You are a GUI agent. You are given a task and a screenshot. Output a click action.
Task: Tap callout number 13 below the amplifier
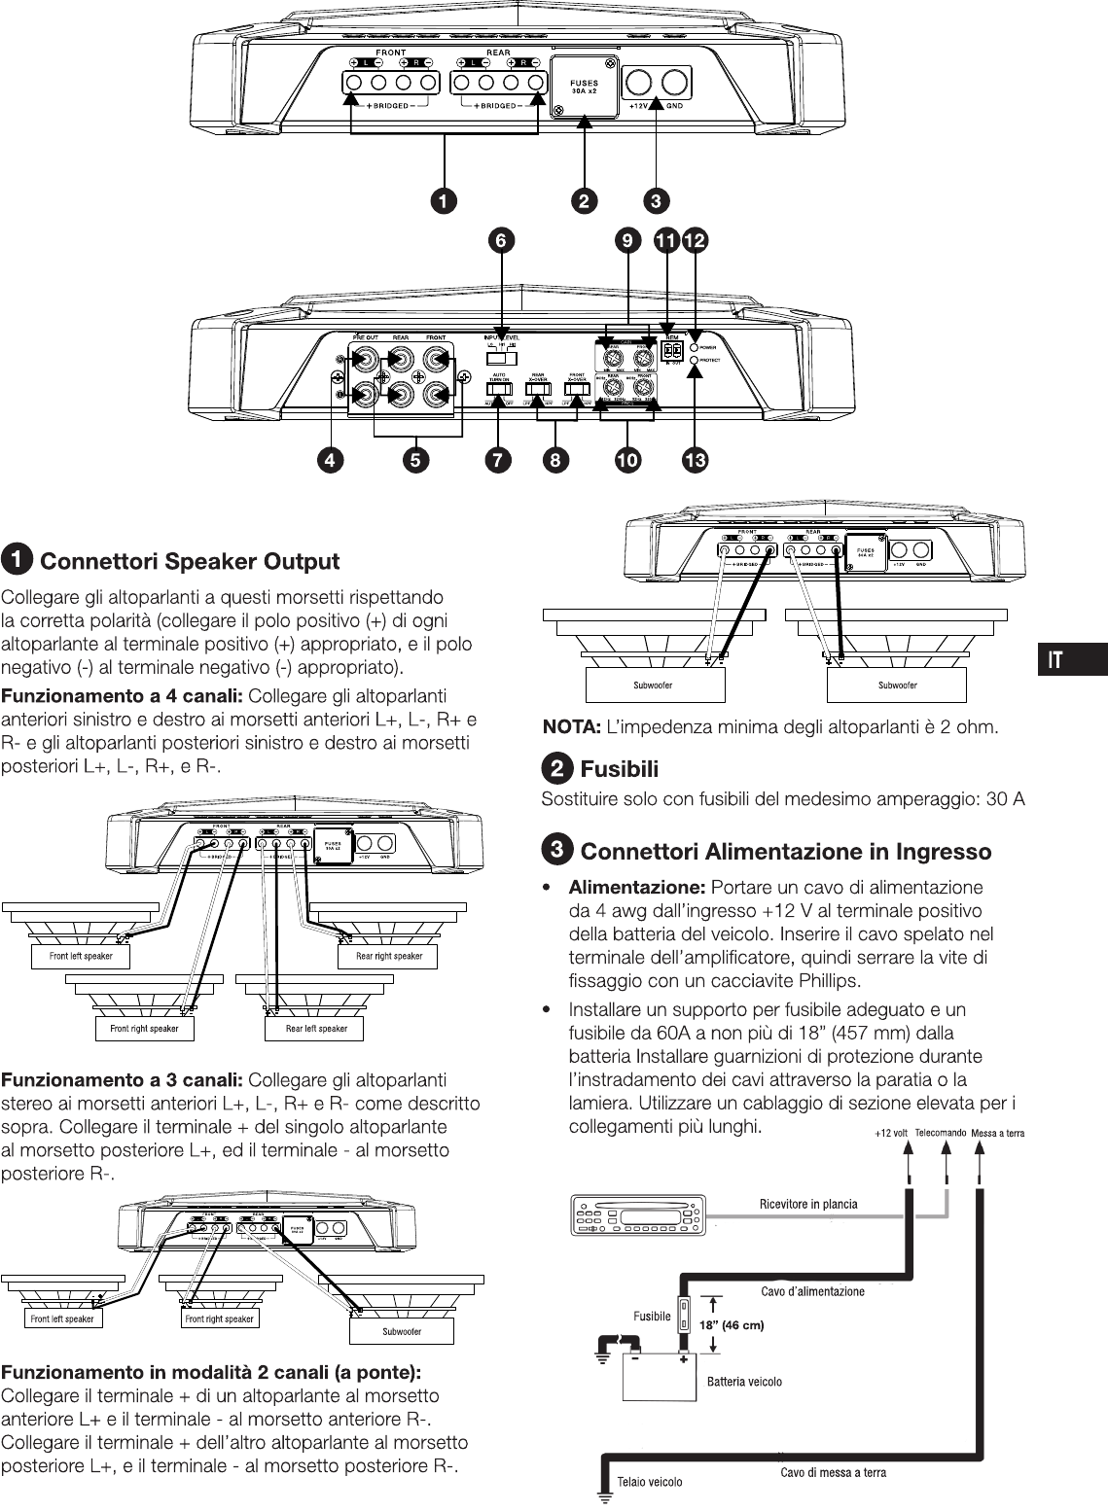[x=695, y=461]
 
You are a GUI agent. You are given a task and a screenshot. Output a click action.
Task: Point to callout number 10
[x=627, y=461]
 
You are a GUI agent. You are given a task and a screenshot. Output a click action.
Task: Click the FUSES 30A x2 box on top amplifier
[x=585, y=88]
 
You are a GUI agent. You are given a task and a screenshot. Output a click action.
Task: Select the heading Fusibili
[x=619, y=770]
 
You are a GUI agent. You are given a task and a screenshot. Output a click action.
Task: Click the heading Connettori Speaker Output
[x=189, y=562]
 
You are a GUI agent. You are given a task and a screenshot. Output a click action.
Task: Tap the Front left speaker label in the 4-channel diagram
[x=81, y=956]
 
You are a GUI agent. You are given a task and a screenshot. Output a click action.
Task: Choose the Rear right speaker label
[x=388, y=956]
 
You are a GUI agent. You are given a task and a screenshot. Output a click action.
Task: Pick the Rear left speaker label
[x=316, y=1028]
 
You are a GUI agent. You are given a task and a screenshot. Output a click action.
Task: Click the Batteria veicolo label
[x=744, y=1381]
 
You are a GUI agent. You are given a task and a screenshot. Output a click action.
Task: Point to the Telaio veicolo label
[x=650, y=1482]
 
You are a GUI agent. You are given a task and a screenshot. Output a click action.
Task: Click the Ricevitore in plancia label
[x=808, y=1204]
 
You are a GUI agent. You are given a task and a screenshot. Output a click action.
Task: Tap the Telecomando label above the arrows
[x=940, y=1132]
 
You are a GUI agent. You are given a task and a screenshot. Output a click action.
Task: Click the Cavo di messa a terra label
[x=833, y=1472]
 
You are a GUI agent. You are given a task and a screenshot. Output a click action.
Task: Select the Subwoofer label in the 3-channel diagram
[x=401, y=1331]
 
